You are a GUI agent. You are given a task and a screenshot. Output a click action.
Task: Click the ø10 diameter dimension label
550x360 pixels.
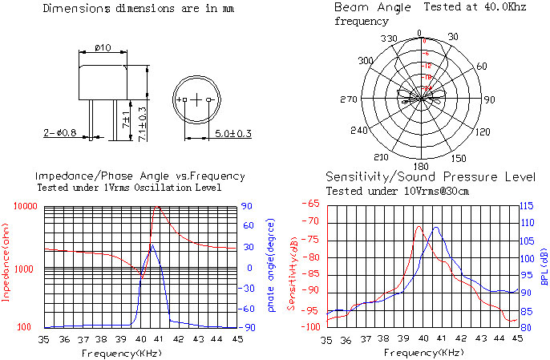point(103,48)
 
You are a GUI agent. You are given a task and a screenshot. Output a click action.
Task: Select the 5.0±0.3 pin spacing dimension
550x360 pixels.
point(233,133)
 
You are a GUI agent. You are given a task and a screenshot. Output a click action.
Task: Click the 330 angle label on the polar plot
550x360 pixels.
point(389,38)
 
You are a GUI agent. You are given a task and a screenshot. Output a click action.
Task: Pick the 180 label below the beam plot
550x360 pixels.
point(419,167)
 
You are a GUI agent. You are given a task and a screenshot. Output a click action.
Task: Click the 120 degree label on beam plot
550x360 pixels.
point(483,131)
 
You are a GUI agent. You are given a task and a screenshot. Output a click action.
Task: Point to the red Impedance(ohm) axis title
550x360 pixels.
point(7,265)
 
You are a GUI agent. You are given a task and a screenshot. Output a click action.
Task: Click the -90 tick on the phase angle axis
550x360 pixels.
point(249,328)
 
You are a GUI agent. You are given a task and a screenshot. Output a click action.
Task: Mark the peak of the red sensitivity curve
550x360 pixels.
point(419,226)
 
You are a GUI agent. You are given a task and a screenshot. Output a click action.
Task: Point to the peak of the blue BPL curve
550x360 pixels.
point(436,228)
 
